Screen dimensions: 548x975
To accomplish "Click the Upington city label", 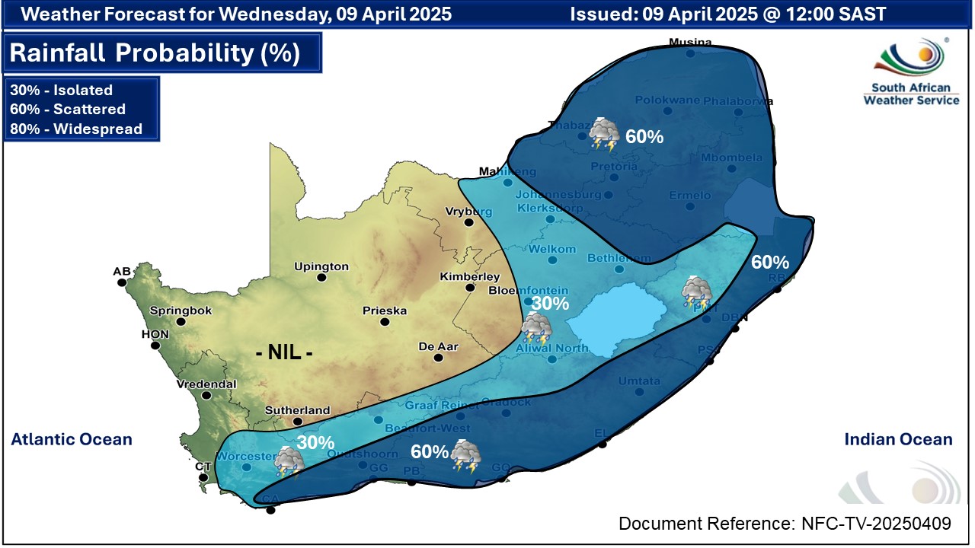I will point(322,266).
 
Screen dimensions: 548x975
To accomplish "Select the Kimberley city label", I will point(470,276).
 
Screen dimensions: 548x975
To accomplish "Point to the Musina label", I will point(689,42).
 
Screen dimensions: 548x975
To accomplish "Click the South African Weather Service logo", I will point(911,73).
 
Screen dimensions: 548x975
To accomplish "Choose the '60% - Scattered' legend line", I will point(68,109).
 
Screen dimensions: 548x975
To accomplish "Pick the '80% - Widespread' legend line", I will point(76,129).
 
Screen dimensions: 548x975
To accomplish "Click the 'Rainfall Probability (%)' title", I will point(155,53).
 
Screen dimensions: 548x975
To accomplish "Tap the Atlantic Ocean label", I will point(72,439).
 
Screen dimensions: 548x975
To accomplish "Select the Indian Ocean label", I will point(898,439).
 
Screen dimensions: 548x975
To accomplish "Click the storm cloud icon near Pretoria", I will point(605,135).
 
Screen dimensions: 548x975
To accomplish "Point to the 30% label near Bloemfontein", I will point(550,303).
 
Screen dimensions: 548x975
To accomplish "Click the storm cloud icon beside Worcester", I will point(289,461).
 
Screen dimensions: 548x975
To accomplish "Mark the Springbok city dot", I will point(181,322).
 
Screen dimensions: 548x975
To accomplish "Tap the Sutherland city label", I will point(297,410).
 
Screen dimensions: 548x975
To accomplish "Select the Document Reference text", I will point(785,524).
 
